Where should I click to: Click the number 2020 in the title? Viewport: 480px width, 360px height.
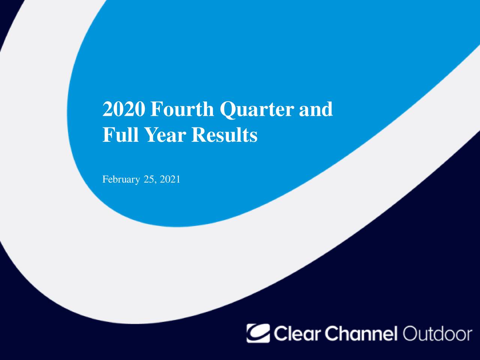(x=124, y=109)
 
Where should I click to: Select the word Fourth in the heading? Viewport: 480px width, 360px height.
(x=182, y=109)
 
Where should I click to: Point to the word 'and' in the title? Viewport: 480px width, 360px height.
(x=316, y=109)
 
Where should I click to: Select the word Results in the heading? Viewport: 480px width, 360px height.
(x=224, y=135)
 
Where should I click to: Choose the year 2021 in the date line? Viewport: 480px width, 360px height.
(x=170, y=180)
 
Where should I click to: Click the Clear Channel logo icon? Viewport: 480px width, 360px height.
(x=258, y=333)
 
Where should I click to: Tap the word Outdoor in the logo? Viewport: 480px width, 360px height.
(x=437, y=333)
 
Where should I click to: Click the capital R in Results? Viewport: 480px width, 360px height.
(x=199, y=135)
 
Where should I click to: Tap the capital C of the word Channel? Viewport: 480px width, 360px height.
(x=331, y=333)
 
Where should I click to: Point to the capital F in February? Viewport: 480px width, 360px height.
(x=105, y=180)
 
